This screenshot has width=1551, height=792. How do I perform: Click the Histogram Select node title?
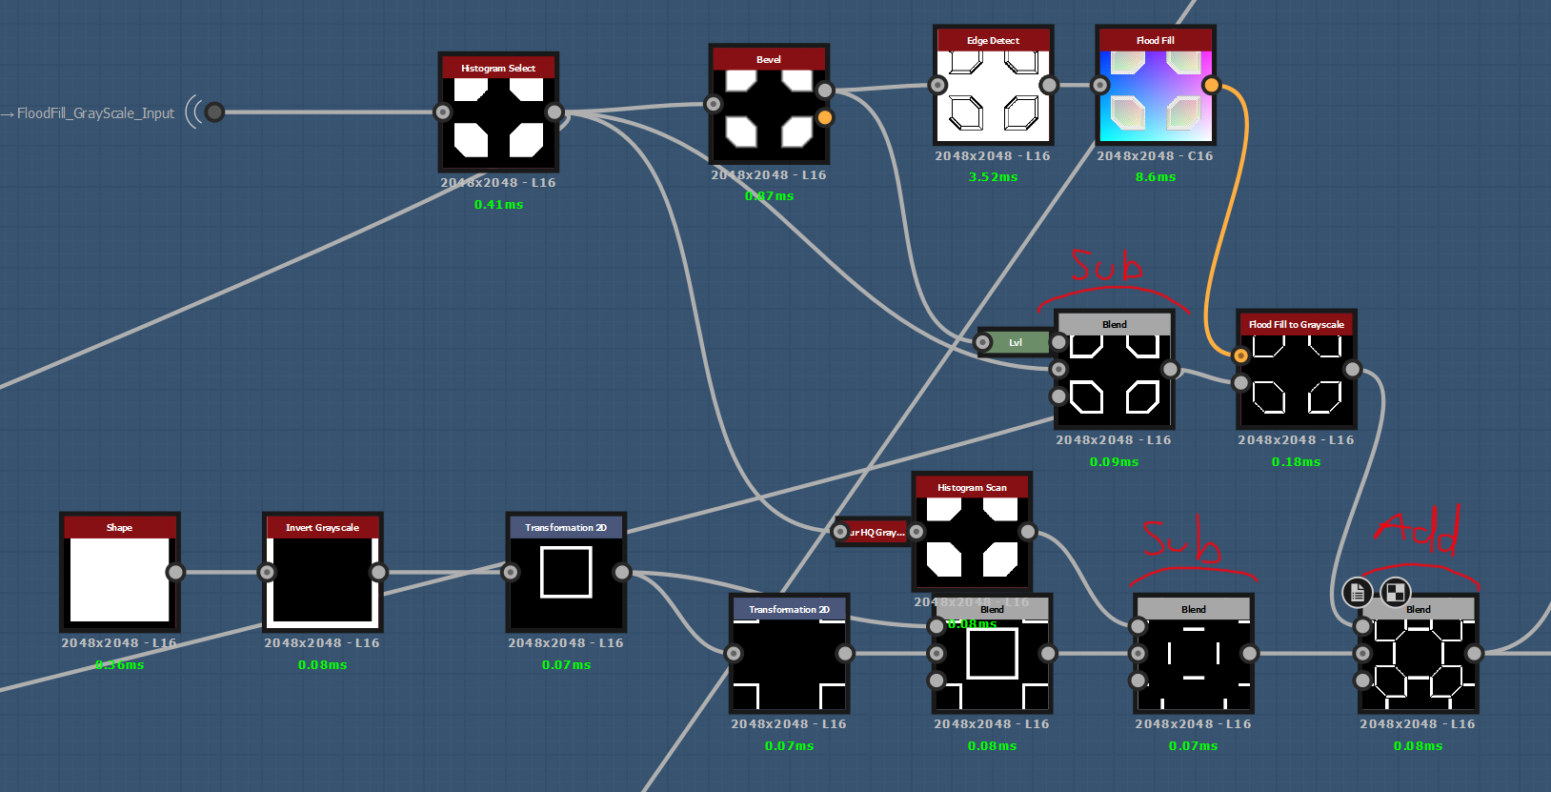[x=497, y=68]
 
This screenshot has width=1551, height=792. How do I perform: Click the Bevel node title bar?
[x=769, y=59]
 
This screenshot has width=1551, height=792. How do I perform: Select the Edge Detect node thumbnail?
[x=993, y=95]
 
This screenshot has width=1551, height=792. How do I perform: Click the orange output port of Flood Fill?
[x=1211, y=85]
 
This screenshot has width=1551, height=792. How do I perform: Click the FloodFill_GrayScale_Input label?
[x=95, y=112]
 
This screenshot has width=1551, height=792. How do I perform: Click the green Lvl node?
[x=1017, y=342]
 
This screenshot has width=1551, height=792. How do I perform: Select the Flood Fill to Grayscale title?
[x=1296, y=324]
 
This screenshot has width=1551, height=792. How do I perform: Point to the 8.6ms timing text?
[x=1155, y=176]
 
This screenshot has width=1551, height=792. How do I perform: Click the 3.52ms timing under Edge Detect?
[x=993, y=176]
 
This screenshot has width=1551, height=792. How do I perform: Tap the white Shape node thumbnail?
[x=119, y=579]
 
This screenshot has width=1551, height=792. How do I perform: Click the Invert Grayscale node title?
[x=322, y=527]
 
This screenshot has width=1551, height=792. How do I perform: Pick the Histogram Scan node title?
[x=971, y=487]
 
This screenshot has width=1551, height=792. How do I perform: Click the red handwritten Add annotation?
[x=1420, y=530]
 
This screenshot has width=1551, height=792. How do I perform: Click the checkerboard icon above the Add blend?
[x=1395, y=592]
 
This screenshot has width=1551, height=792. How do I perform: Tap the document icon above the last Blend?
[x=1358, y=592]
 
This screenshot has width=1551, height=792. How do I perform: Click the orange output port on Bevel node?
[x=825, y=117]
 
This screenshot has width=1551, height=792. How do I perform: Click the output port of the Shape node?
[x=175, y=572]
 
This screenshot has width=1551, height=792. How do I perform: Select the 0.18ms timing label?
[x=1296, y=461]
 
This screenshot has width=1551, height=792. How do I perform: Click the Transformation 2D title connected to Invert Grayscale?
[x=565, y=527]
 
